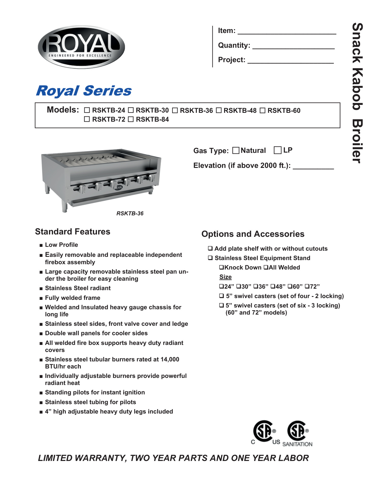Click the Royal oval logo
click(x=81, y=47)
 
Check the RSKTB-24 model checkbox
click(x=87, y=110)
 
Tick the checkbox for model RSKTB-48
click(x=219, y=110)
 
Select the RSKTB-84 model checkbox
click(x=131, y=119)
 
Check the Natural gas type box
click(x=236, y=151)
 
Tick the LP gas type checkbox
click(x=278, y=150)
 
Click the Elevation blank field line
click(x=313, y=168)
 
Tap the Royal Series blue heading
click(x=84, y=91)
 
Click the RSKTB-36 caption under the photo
click(x=130, y=214)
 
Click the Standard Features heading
click(x=73, y=232)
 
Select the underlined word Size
click(x=225, y=277)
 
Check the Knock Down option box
click(x=221, y=267)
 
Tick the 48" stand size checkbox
click(x=273, y=286)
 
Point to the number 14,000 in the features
click(x=170, y=359)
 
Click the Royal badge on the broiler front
click(x=118, y=188)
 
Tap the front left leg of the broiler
click(x=65, y=206)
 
